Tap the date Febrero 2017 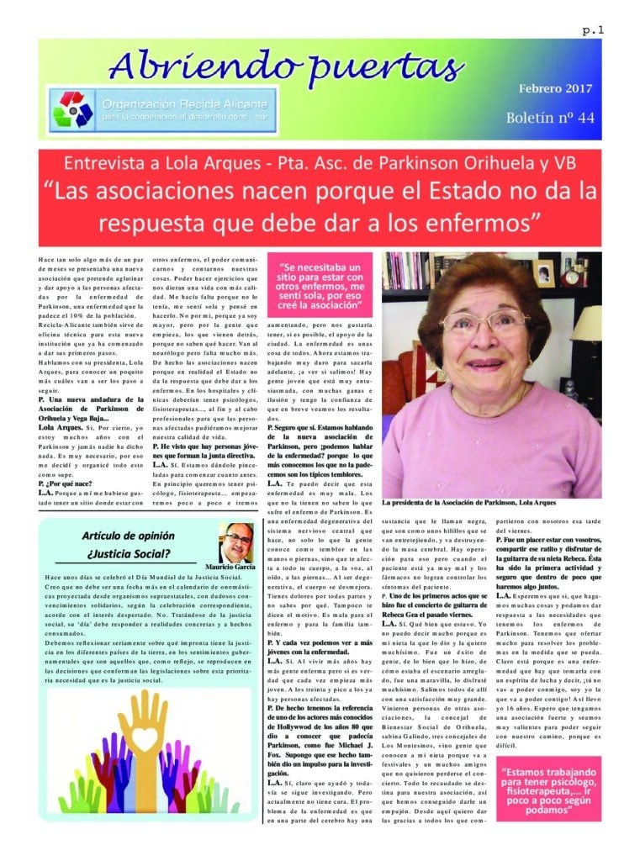click(x=554, y=88)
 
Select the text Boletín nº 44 click(x=550, y=117)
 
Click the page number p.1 click(x=593, y=30)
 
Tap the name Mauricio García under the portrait click(x=230, y=568)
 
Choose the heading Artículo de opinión click(x=128, y=536)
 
